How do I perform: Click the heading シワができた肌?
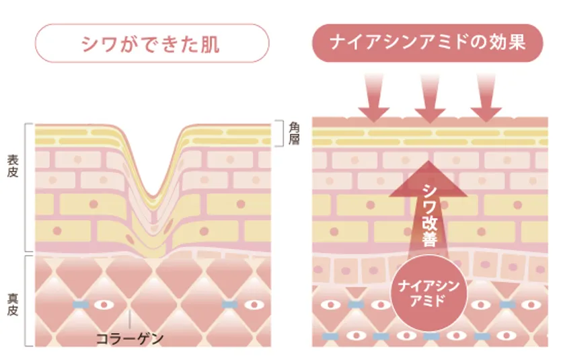pos(150,44)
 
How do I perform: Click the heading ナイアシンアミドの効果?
pos(427,42)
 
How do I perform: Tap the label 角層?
pos(294,133)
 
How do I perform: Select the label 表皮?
pos(12,166)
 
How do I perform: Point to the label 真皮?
pos(12,305)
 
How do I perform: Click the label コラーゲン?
pos(130,338)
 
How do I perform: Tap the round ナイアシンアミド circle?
pos(428,293)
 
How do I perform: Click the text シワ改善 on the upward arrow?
pos(429,215)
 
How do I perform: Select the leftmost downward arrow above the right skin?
pos(374,98)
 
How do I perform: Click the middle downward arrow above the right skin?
pos(430,98)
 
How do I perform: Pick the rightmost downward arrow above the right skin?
pos(486,98)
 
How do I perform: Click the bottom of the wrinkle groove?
pos(153,196)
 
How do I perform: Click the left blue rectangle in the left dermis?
pos(81,305)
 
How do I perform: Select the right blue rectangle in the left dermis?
pos(229,305)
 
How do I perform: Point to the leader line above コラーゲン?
pos(129,319)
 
